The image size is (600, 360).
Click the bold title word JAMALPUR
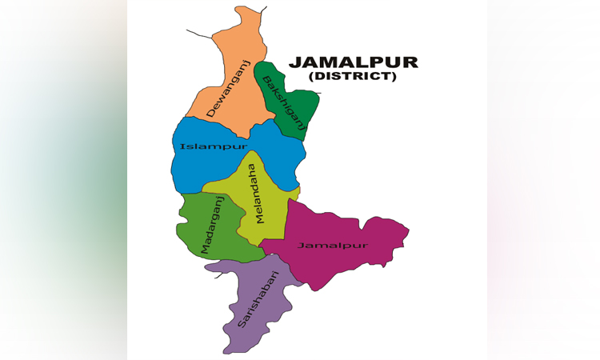coord(353,62)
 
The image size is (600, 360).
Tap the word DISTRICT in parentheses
coord(353,77)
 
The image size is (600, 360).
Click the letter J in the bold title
coord(294,62)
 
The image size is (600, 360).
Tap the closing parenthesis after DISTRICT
coord(394,77)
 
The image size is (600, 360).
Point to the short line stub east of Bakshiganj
coord(317,93)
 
